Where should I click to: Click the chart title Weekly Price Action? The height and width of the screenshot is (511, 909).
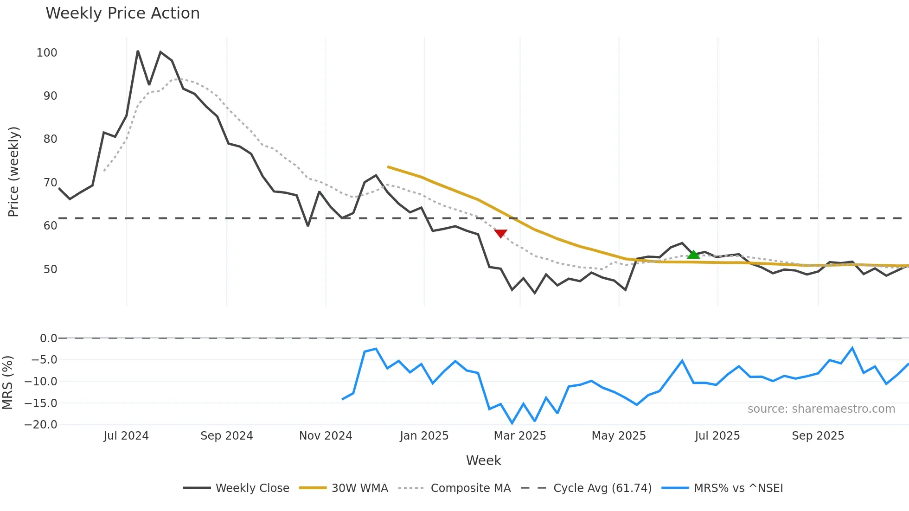tap(122, 13)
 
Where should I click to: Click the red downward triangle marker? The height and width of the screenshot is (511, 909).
tap(500, 233)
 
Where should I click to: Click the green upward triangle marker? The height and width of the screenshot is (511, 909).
tap(693, 255)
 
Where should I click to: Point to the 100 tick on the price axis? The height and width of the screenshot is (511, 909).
tap(47, 53)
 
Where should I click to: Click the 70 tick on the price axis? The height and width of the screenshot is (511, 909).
tap(50, 183)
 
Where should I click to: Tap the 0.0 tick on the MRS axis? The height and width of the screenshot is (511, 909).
tap(48, 339)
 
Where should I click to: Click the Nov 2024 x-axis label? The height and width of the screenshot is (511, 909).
tap(326, 436)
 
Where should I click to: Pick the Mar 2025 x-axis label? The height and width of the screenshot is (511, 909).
tap(520, 436)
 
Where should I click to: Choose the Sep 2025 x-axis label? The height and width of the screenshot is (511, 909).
tap(818, 436)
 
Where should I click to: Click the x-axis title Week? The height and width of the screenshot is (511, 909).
tap(483, 460)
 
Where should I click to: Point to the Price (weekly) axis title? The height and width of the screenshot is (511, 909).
tap(13, 172)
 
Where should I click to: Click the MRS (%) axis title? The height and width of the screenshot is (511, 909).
tap(7, 383)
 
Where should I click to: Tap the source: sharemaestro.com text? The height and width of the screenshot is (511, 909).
tap(821, 409)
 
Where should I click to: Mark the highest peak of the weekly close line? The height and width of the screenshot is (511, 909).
tap(138, 51)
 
